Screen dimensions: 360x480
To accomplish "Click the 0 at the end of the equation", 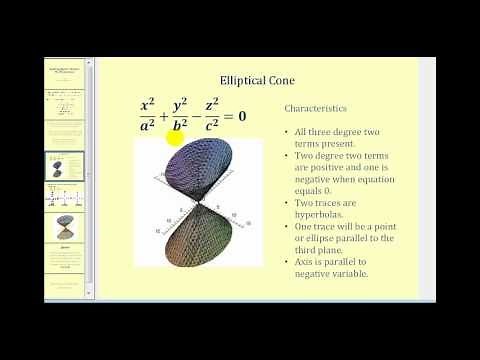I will click(242, 117).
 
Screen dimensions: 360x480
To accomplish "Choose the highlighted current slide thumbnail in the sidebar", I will click(65, 166).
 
